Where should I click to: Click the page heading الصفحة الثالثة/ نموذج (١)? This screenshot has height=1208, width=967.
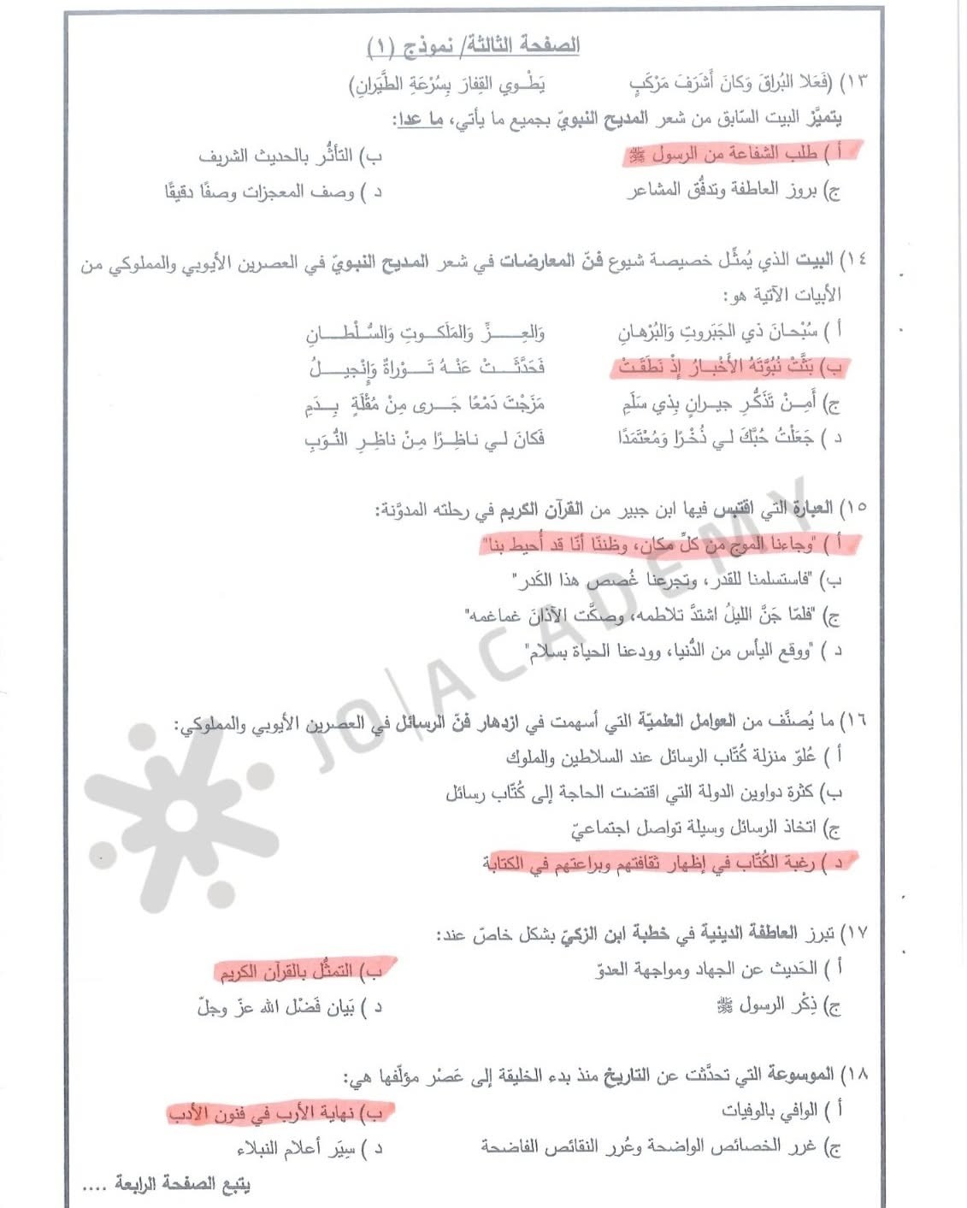(473, 45)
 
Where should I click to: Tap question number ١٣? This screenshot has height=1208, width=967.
(855, 82)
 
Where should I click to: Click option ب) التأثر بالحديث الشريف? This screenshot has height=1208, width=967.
(291, 156)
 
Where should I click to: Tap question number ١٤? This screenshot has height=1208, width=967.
(855, 259)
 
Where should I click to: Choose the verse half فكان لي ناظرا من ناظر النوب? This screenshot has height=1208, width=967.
(425, 439)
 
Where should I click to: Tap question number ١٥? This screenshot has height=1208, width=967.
(855, 508)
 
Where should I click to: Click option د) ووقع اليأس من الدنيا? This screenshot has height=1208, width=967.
(684, 651)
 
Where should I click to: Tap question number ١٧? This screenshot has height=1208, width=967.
(855, 933)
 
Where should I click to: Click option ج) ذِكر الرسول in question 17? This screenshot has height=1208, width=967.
(778, 1006)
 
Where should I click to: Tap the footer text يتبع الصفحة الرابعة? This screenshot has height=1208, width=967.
(182, 1185)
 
